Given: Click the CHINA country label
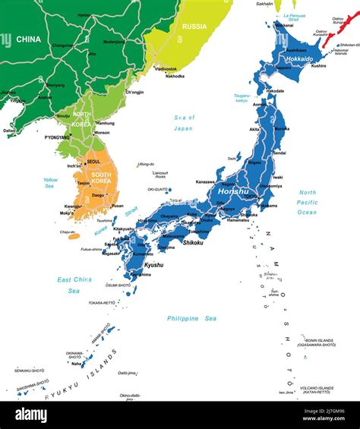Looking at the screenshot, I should [30, 38].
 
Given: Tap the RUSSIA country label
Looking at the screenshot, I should [194, 26].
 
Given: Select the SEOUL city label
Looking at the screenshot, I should [93, 161].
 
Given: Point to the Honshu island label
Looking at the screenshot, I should [232, 192].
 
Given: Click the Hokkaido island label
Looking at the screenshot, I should [299, 58].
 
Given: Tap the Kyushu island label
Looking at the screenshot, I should [153, 265].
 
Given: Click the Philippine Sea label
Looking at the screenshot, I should [192, 318].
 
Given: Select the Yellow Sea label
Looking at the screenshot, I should [51, 182].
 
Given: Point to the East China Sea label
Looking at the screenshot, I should [74, 285].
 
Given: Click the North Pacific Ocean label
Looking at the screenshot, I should [308, 202].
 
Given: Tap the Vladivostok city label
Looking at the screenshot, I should [166, 68].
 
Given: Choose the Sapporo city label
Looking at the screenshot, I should [283, 68].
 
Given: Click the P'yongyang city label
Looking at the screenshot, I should [57, 137].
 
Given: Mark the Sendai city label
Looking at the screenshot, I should [279, 153].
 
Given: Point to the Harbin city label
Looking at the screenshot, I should [84, 14].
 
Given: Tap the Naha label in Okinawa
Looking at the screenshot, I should [77, 364].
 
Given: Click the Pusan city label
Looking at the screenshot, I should [117, 205].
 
